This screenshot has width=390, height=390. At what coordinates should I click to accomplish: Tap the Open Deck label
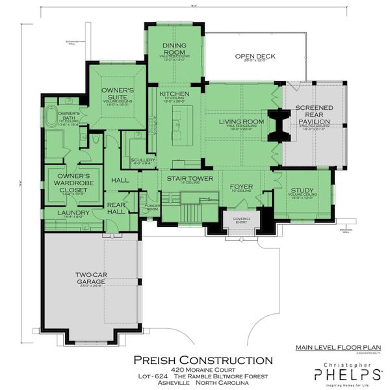point(255,57)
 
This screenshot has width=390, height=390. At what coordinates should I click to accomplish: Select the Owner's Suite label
point(118,94)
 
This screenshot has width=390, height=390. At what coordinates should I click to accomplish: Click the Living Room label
point(240,122)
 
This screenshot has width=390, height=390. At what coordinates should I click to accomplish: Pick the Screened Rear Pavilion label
point(314,114)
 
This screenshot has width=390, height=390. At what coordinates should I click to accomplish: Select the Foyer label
point(240,187)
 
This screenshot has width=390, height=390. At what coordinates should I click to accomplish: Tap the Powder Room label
point(153,207)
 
